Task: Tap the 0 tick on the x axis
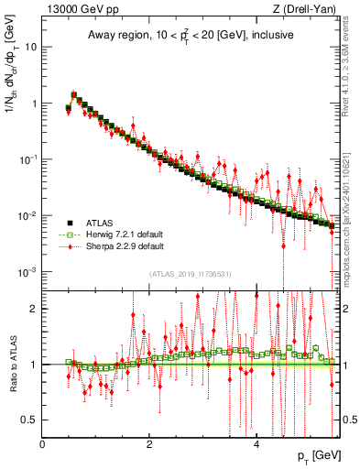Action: [x=43, y=443]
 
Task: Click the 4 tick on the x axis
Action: [x=256, y=443]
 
